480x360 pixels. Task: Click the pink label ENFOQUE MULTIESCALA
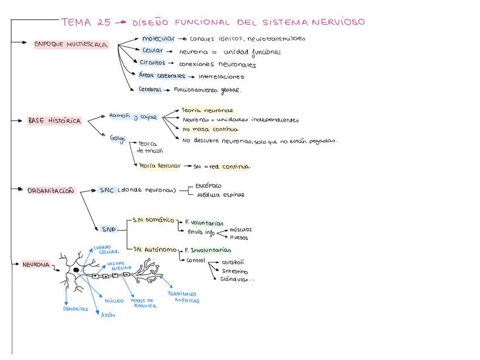[x=71, y=45]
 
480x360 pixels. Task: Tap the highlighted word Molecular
[x=158, y=39]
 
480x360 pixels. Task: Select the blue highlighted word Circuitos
[x=152, y=63]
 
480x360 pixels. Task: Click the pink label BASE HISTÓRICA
[x=54, y=121]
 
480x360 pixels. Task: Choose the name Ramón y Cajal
[x=132, y=117]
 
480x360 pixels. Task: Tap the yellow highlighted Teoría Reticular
[x=160, y=166]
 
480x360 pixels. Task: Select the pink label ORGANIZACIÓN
[x=50, y=191]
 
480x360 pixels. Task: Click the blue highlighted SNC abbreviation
[x=107, y=190]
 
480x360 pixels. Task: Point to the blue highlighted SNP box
[x=108, y=229]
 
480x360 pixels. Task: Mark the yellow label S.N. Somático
[x=153, y=220]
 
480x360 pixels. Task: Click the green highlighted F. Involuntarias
[x=208, y=250]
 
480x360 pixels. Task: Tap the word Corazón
[x=233, y=263]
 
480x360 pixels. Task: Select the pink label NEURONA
[x=36, y=264]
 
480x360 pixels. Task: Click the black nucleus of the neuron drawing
[x=76, y=271]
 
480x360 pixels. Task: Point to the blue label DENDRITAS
[x=75, y=310]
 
